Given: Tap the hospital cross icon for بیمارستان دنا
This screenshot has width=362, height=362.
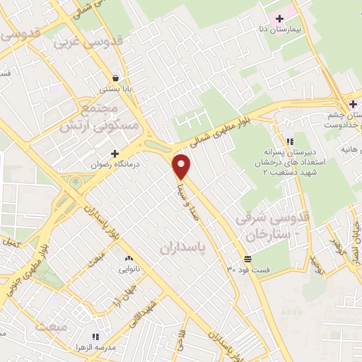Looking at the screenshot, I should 280,18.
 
